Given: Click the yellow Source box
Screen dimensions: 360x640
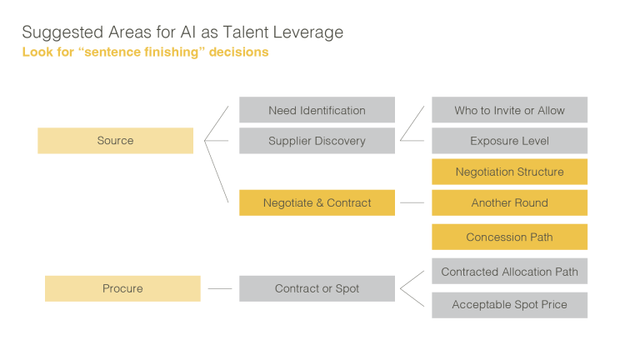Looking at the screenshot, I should pyautogui.click(x=115, y=141).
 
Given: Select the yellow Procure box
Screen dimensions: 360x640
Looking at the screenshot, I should pyautogui.click(x=122, y=288).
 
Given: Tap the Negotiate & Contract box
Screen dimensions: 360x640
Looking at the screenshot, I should pyautogui.click(x=317, y=202).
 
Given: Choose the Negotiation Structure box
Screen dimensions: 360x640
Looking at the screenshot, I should pyautogui.click(x=509, y=172).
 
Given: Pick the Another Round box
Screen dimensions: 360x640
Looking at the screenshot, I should pyautogui.click(x=509, y=202).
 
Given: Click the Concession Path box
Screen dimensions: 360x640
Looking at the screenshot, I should pyautogui.click(x=509, y=237).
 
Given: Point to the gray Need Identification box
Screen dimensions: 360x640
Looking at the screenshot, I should pyautogui.click(x=317, y=110).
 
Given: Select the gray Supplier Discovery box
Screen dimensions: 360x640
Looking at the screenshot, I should pyautogui.click(x=317, y=141).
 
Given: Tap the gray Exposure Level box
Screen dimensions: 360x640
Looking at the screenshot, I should pyautogui.click(x=509, y=141).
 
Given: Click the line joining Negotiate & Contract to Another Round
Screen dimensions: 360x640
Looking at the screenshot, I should pyautogui.click(x=412, y=202).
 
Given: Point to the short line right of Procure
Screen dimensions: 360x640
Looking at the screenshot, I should pyautogui.click(x=219, y=288).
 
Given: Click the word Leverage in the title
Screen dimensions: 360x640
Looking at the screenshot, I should pyautogui.click(x=312, y=32).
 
